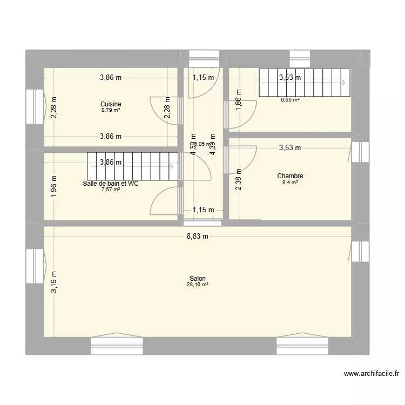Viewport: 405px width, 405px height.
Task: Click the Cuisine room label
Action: (x=111, y=104)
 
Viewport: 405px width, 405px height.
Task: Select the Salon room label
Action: (x=197, y=279)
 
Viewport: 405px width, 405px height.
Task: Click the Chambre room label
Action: (x=290, y=176)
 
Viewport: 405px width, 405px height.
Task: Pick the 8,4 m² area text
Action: (x=290, y=183)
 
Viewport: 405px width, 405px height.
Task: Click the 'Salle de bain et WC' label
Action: (x=111, y=184)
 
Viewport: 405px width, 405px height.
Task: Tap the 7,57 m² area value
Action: (x=111, y=190)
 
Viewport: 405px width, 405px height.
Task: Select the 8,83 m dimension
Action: (x=197, y=236)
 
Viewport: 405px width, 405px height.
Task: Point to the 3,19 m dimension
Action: (x=53, y=282)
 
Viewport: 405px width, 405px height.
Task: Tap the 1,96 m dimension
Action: (x=53, y=187)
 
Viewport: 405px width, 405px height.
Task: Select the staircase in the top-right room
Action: (x=304, y=83)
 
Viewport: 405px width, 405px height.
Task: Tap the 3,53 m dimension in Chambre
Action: (x=290, y=147)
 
